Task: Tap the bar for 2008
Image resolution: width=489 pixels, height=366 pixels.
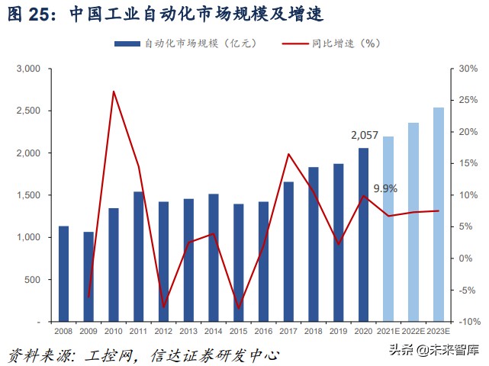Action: click(64, 274)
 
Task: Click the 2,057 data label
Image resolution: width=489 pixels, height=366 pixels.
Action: click(364, 135)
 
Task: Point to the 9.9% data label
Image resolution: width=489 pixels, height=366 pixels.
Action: click(384, 188)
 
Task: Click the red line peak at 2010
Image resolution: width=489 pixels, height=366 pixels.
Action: click(114, 91)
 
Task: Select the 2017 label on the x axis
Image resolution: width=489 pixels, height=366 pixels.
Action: click(288, 332)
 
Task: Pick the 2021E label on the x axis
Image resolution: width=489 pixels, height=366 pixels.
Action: click(388, 332)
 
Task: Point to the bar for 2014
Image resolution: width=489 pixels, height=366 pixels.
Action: click(214, 258)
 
